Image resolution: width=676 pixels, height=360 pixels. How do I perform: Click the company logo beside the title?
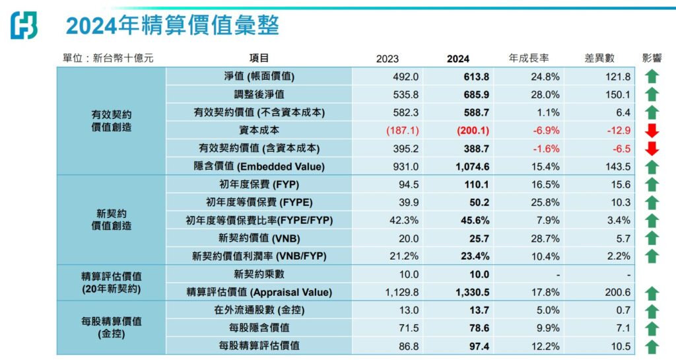tap(24, 26)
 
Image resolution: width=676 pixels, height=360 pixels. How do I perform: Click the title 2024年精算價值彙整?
tap(172, 25)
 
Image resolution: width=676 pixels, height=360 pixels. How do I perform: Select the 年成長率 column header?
tap(529, 58)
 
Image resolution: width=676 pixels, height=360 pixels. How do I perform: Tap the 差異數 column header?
tap(599, 58)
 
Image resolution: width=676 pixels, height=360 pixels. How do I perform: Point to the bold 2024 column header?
tap(458, 59)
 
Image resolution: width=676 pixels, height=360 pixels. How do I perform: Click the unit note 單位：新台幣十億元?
tap(108, 58)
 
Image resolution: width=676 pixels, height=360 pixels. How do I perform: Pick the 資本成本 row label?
tap(259, 130)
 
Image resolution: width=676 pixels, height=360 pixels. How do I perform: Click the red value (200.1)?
tap(473, 130)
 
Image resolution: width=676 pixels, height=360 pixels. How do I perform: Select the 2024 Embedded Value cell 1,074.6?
tap(473, 166)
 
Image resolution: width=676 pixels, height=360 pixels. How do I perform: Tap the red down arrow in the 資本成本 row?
tap(652, 130)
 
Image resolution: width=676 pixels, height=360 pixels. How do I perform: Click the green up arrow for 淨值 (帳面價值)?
tap(652, 77)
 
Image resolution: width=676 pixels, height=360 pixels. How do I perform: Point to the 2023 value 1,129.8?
tap(402, 293)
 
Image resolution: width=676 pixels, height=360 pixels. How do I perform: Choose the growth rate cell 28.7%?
tap(545, 238)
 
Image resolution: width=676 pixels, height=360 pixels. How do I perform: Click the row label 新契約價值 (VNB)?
tap(259, 238)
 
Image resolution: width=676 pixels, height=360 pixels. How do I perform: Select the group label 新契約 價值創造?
tap(111, 220)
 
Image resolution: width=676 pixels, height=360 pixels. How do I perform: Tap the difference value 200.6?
tap(617, 293)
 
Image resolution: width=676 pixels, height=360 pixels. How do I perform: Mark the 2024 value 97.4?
tap(479, 346)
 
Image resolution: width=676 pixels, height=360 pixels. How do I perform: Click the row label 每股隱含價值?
tap(259, 328)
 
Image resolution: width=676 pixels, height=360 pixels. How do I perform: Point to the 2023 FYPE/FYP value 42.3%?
tap(404, 221)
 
